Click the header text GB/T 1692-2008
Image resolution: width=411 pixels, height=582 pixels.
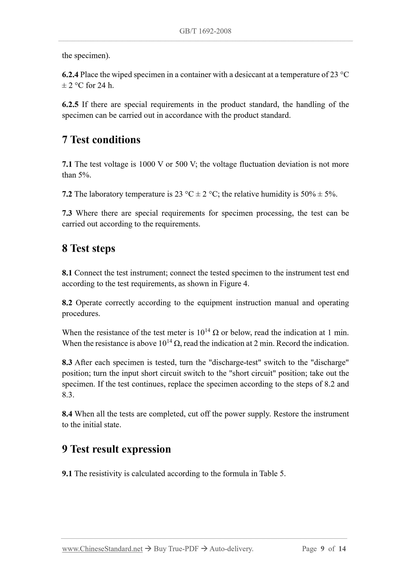(x=205, y=31)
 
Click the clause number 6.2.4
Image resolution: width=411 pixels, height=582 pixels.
(x=70, y=75)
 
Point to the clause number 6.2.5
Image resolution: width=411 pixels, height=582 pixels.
(x=70, y=104)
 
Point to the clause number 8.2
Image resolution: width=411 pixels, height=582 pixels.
(x=67, y=303)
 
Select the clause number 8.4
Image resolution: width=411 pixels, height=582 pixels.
(x=67, y=414)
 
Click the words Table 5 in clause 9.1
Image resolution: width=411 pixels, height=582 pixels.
(x=272, y=474)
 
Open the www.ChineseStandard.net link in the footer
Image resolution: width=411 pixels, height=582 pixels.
(x=102, y=549)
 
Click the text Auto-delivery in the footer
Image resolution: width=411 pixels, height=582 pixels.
(x=231, y=549)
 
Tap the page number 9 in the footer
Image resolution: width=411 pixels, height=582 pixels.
(x=322, y=549)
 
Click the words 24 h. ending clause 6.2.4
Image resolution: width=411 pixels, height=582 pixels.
(x=105, y=85)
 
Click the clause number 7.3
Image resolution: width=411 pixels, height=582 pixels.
(x=67, y=213)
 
